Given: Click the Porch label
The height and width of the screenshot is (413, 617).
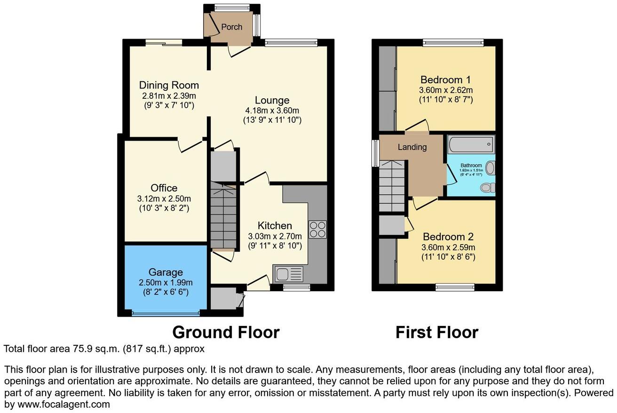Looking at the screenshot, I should [x=232, y=27].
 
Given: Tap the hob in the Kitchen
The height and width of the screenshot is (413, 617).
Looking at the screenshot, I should [x=317, y=229].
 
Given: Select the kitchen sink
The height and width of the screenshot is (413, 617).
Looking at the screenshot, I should [x=288, y=274].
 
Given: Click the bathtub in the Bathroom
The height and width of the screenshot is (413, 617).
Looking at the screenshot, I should [x=470, y=144].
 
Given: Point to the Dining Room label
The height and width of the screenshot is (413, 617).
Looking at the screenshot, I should [x=169, y=85].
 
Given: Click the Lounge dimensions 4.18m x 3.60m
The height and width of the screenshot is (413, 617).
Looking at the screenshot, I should [x=272, y=111].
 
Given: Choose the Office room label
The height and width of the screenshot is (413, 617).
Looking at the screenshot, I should [x=164, y=188].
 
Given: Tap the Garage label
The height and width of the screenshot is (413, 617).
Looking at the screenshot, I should [x=166, y=272].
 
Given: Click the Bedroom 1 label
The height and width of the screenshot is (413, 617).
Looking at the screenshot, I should [x=445, y=79].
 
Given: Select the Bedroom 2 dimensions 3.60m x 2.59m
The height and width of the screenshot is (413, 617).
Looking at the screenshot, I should [x=448, y=247].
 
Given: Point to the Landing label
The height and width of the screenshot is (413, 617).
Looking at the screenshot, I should [x=412, y=147].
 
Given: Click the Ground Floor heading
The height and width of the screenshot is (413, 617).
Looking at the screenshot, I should [x=226, y=333].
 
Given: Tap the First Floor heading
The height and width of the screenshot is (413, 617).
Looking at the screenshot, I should [x=436, y=333].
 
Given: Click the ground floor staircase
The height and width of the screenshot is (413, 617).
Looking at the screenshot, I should [x=223, y=216].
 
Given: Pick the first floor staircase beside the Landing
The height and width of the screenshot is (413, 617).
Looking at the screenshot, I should [x=392, y=186].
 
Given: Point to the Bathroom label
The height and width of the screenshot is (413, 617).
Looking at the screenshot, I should [x=471, y=166].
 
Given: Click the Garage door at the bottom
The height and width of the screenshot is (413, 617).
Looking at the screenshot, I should [x=166, y=313].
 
